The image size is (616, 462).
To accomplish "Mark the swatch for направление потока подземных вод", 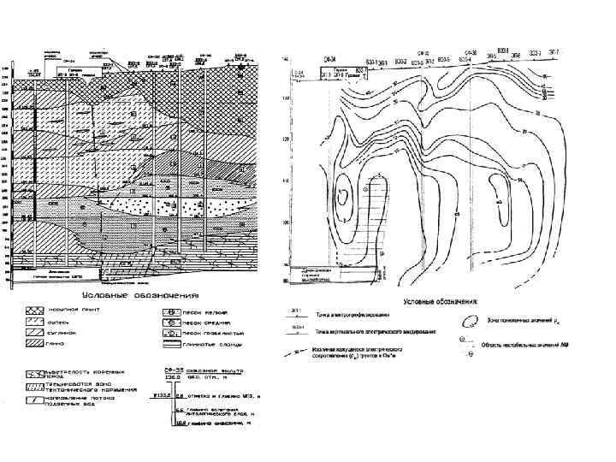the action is click(35, 400).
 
